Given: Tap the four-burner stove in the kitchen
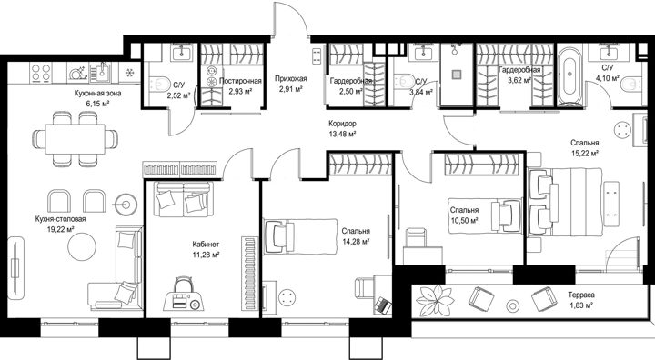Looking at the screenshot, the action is pyautogui.click(x=41, y=73).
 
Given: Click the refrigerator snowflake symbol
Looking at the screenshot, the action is pyautogui.click(x=130, y=73).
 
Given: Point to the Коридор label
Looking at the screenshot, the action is pyautogui.click(x=342, y=124).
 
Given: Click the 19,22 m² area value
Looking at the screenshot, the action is pyautogui.click(x=61, y=228).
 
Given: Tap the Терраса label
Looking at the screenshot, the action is pyautogui.click(x=581, y=295).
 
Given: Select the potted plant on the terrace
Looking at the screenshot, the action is pyautogui.click(x=436, y=300).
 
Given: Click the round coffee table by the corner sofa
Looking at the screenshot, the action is pyautogui.click(x=82, y=245).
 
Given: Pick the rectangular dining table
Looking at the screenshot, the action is pyautogui.click(x=76, y=138).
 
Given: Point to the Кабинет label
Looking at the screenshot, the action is pyautogui.click(x=206, y=245).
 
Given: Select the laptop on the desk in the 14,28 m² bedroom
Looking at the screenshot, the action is pyautogui.click(x=383, y=304).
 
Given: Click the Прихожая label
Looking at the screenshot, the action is pyautogui.click(x=291, y=78).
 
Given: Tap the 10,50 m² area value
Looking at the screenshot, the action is pyautogui.click(x=464, y=220).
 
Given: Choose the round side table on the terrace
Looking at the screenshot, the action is pyautogui.click(x=512, y=305).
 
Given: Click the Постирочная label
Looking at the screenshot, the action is pyautogui.click(x=240, y=81).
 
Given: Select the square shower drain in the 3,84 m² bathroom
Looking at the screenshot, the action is pyautogui.click(x=457, y=75).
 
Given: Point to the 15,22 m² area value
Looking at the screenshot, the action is pyautogui.click(x=584, y=153).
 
